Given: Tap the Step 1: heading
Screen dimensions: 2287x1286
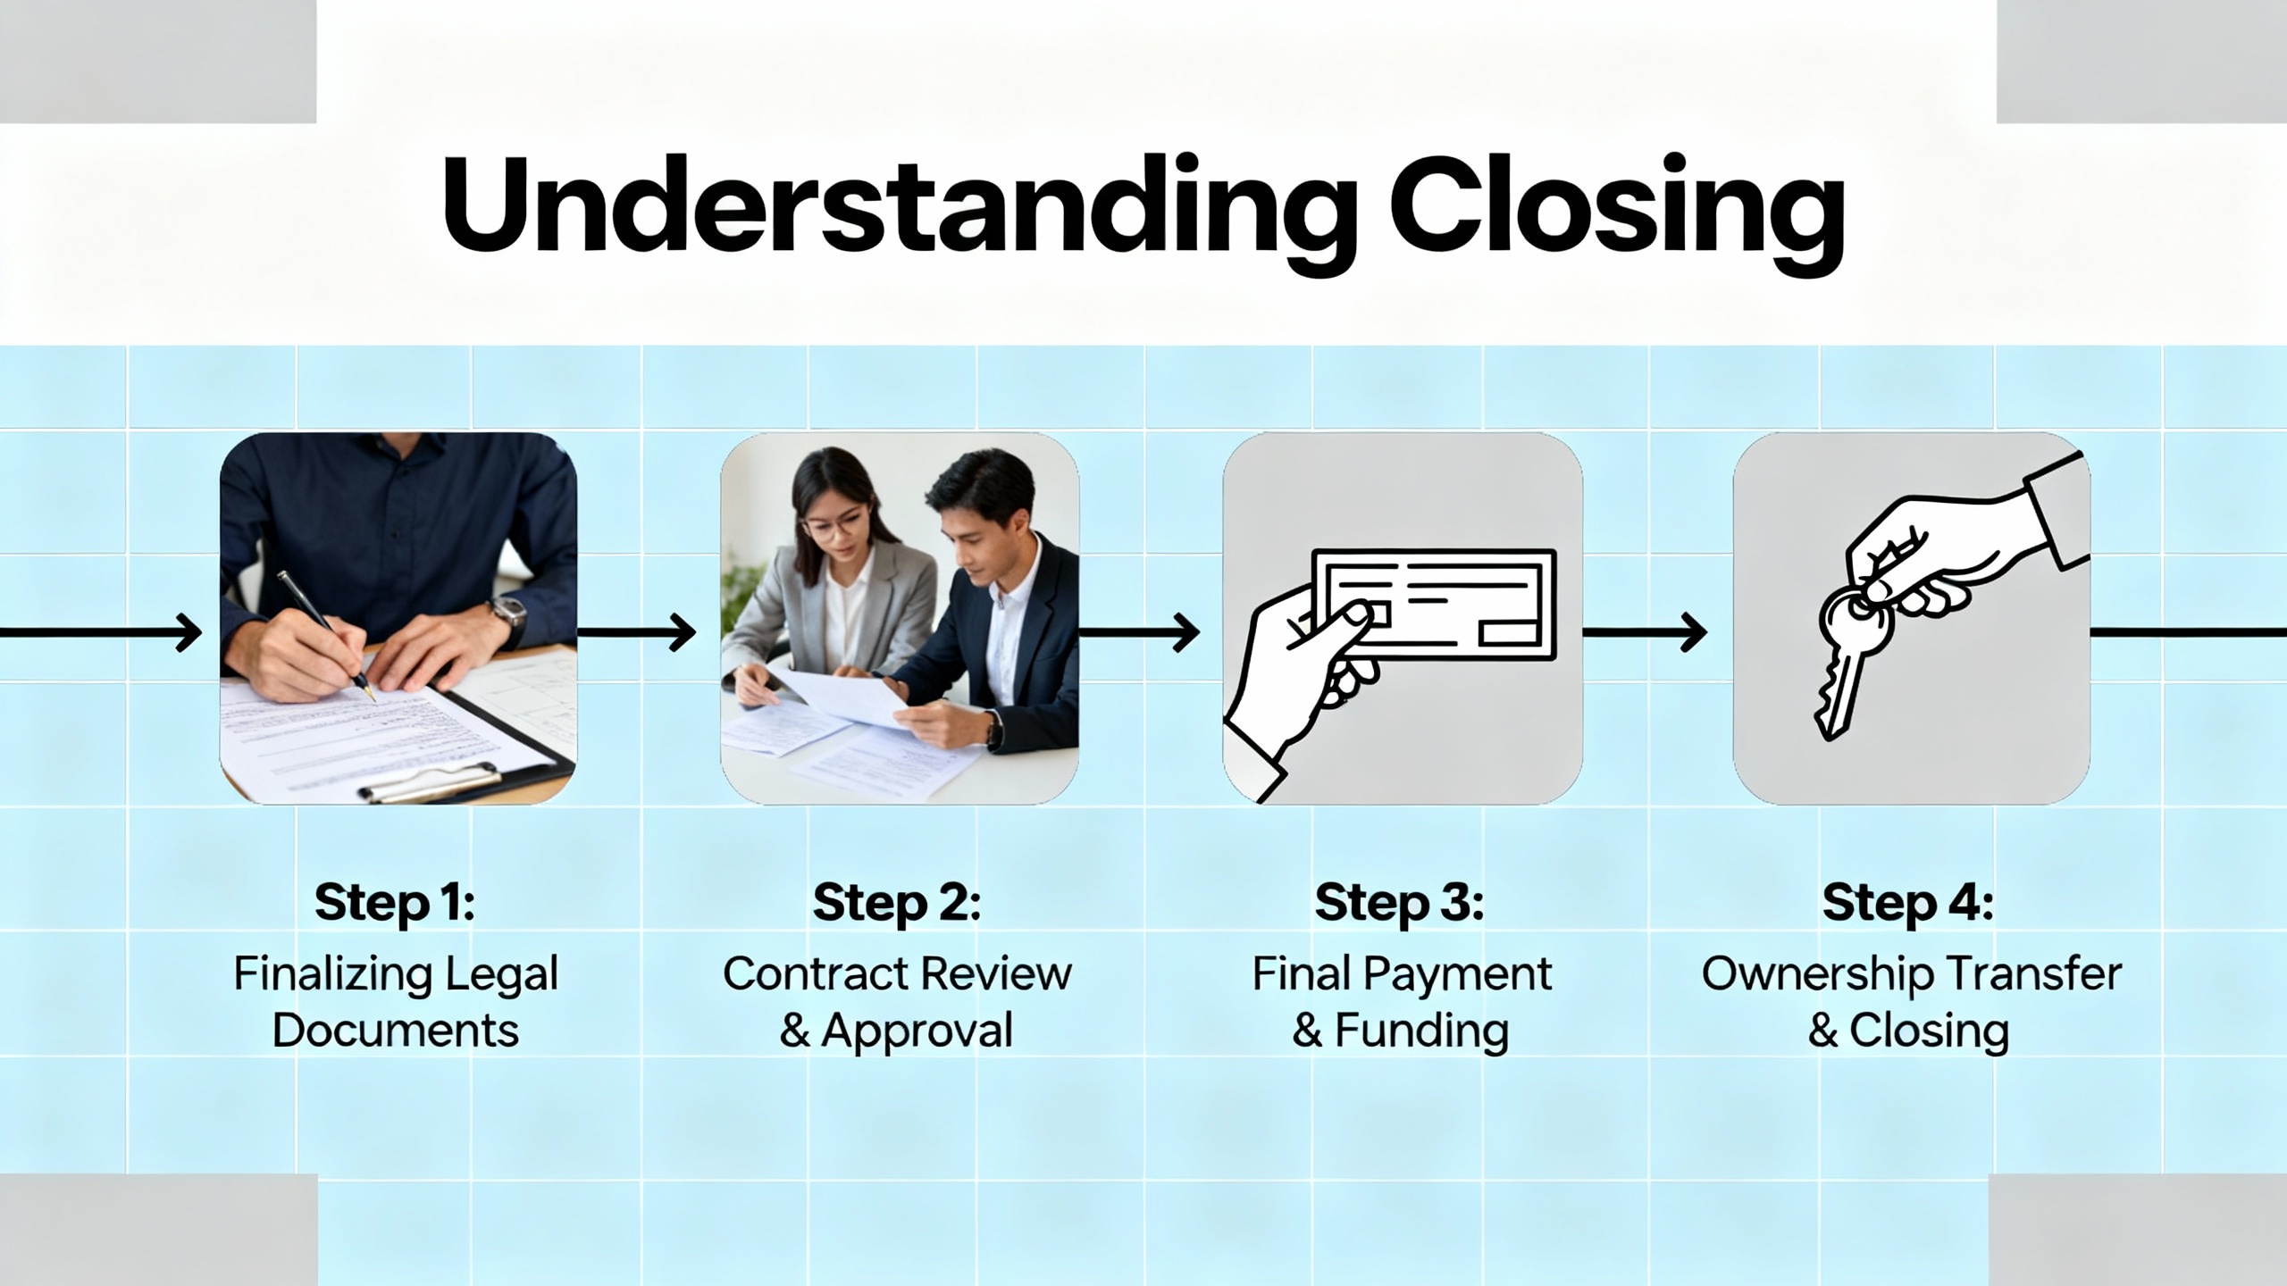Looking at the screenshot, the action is [394, 903].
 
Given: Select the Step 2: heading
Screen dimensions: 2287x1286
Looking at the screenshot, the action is [896, 903].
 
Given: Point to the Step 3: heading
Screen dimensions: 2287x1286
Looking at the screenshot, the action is [1399, 903].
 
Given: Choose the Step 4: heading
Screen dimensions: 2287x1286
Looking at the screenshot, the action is [1908, 903].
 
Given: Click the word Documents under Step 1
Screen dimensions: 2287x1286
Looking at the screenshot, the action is [395, 1031].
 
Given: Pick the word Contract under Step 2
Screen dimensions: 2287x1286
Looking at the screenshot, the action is [811, 973].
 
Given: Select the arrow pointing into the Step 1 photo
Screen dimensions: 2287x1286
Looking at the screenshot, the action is [101, 632].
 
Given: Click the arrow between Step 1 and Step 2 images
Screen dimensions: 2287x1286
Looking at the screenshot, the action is [637, 632].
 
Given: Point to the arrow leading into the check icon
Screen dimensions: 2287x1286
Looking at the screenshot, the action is [1140, 632].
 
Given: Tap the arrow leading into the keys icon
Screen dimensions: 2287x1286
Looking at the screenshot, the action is [1645, 632].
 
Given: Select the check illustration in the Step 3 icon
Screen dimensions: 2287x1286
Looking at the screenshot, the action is [1434, 605].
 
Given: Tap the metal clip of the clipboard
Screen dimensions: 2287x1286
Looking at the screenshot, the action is [429, 782].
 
